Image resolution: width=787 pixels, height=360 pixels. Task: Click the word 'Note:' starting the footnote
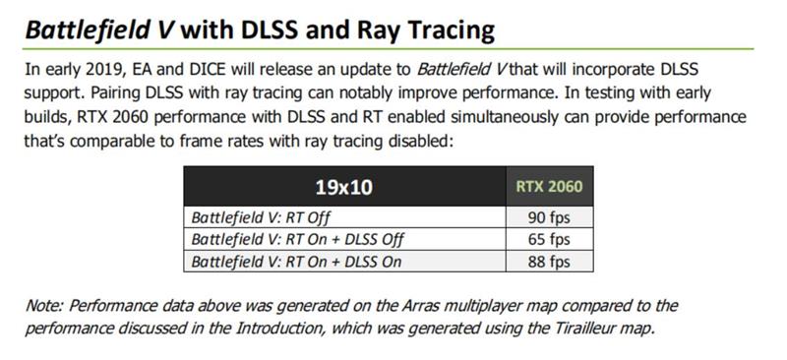point(45,307)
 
